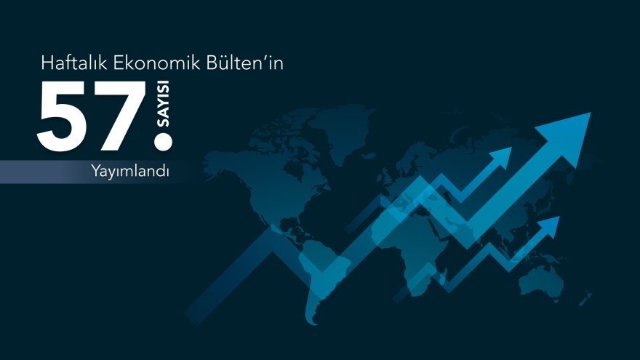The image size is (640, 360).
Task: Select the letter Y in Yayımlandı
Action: pos(95,172)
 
